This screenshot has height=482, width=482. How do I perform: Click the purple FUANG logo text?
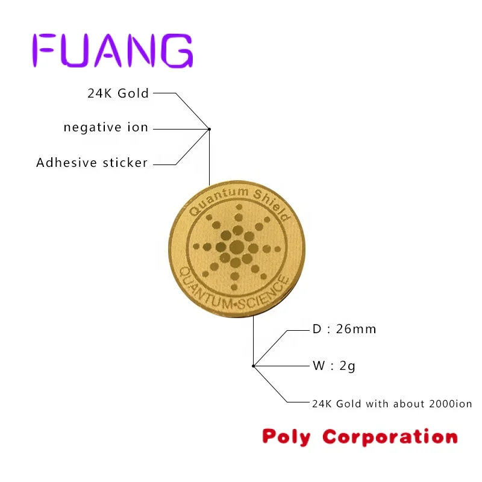[112, 51]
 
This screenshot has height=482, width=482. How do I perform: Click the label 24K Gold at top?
[117, 93]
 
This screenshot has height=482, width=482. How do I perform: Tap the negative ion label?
[106, 128]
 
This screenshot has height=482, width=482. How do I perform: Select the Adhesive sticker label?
[92, 163]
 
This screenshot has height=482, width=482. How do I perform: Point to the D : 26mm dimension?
[343, 329]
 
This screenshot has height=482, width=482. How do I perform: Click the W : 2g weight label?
[333, 365]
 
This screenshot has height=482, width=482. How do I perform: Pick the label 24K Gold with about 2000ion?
[392, 403]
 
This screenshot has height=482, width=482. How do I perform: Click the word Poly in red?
[287, 436]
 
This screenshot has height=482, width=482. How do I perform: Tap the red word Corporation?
[390, 436]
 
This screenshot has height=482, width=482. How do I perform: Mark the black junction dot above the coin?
[209, 128]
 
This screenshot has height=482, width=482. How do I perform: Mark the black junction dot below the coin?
[253, 366]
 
